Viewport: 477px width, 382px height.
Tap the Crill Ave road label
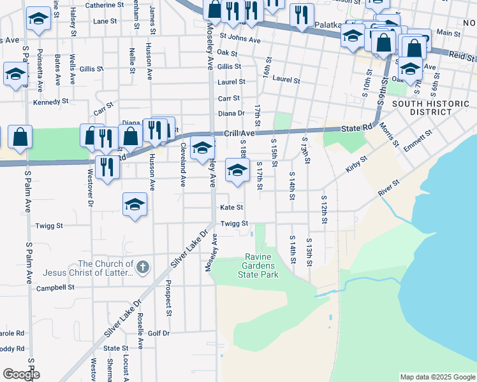pyautogui.click(x=239, y=134)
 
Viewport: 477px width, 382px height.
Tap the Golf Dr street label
pyautogui.click(x=159, y=333)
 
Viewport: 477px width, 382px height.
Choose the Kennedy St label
pyautogui.click(x=50, y=102)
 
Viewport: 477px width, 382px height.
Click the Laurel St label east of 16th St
pyautogui.click(x=286, y=80)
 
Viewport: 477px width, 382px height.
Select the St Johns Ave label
pyautogui.click(x=240, y=39)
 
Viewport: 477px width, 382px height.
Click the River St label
pyautogui.click(x=388, y=187)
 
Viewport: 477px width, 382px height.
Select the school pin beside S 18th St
pyautogui.click(x=237, y=170)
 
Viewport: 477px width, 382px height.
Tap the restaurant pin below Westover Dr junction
pyautogui.click(x=106, y=167)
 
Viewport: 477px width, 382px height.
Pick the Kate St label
pyautogui.click(x=231, y=208)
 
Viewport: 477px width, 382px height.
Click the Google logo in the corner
pyautogui.click(x=20, y=374)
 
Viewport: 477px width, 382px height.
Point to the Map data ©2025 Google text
pyautogui.click(x=437, y=377)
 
